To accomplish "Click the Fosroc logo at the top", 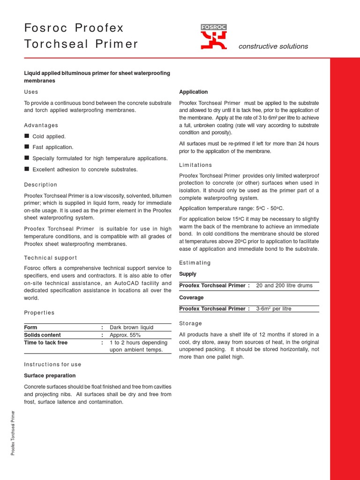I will [x=213, y=37].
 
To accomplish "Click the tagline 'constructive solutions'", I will [x=273, y=46].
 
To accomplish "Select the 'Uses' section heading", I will [x=31, y=92].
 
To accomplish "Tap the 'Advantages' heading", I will [x=41, y=125].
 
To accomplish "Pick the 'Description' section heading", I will [x=41, y=185].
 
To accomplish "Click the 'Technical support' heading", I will [x=51, y=258].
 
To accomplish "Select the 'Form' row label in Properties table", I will [x=30, y=327].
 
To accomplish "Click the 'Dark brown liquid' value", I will [x=131, y=327].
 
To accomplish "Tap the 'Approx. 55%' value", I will [x=125, y=335].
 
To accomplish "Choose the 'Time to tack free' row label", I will [x=45, y=343].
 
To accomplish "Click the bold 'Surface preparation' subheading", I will [x=50, y=375].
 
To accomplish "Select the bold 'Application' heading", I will [x=194, y=92].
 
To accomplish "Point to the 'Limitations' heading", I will [x=195, y=165].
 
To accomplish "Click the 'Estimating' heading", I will [x=195, y=262].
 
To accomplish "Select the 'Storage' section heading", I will [x=191, y=323].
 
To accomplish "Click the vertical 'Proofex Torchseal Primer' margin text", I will [x=14, y=432].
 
